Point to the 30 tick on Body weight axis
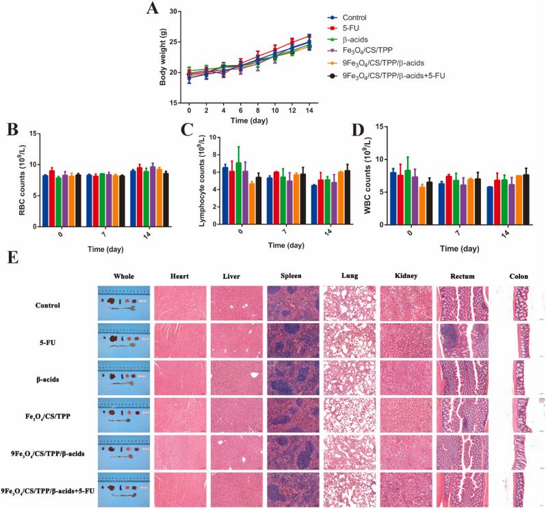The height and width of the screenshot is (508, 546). tap(174, 12)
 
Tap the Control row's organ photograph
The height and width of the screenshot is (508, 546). tap(122, 303)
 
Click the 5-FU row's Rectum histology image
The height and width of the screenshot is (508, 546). tap(463, 340)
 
